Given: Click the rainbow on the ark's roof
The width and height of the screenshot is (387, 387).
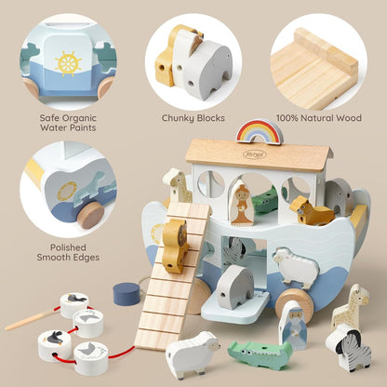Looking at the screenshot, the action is pos(260,131).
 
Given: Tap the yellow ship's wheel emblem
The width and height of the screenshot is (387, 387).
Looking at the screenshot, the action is pos(68,63).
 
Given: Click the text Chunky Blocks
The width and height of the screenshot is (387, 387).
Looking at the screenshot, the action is pos(193,118).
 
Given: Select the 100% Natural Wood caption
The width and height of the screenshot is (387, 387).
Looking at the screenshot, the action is pos(319,118).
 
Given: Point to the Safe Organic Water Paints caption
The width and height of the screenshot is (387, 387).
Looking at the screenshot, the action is pos(68,123).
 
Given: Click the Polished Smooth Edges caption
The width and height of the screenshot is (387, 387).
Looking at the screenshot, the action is pos(68,252).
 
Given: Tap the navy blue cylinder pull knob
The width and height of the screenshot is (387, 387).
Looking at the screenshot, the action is pos(127,294).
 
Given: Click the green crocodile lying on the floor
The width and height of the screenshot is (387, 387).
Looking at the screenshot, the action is pos(260,354).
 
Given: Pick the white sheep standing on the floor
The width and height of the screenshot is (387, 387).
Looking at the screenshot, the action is pos(193,354).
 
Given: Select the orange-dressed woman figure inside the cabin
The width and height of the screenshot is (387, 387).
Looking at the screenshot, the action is pos(242,202).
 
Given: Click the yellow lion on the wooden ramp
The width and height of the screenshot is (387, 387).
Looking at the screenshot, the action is pos(175,246).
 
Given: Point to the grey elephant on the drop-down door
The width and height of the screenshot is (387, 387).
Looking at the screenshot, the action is pos(235,287).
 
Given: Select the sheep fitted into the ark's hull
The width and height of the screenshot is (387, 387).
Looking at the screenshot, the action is pos(296,267).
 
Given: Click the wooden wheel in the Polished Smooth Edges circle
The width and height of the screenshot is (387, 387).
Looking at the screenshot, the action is pos(90,216).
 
